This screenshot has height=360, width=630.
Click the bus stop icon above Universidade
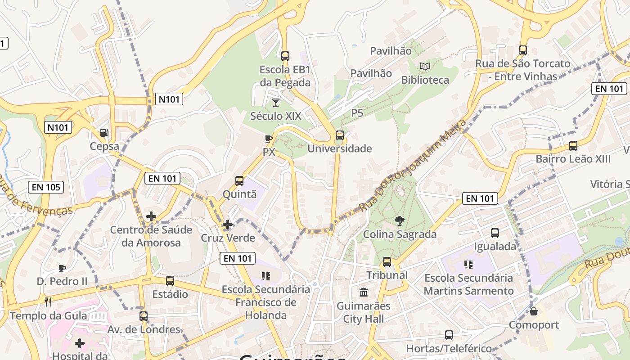340,135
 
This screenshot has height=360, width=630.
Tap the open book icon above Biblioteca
425,67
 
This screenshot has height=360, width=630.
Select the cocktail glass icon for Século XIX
276,103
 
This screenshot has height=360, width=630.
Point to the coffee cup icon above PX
269,139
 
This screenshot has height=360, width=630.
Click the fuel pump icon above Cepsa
104,132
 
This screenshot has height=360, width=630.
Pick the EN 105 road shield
46,187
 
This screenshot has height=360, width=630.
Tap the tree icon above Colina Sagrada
399,220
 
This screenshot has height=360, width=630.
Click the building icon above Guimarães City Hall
364,292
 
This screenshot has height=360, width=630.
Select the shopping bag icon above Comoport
534,311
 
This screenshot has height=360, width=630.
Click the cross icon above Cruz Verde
228,224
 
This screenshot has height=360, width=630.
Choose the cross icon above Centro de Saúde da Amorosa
151,216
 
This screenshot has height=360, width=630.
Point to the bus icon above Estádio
170,281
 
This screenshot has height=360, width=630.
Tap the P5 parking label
357,113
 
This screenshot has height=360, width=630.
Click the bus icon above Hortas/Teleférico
449,335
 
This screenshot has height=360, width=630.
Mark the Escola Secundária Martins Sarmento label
468,284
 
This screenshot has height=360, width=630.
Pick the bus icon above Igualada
495,233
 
